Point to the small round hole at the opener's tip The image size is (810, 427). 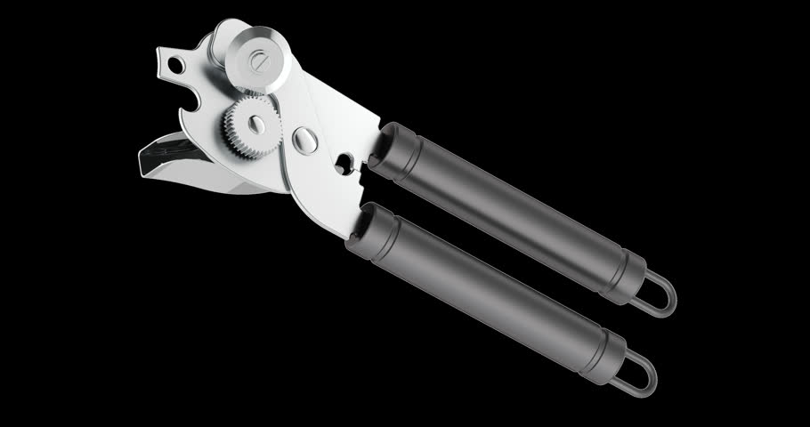[x=177, y=63]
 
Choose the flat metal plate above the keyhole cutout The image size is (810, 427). [x=343, y=116]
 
